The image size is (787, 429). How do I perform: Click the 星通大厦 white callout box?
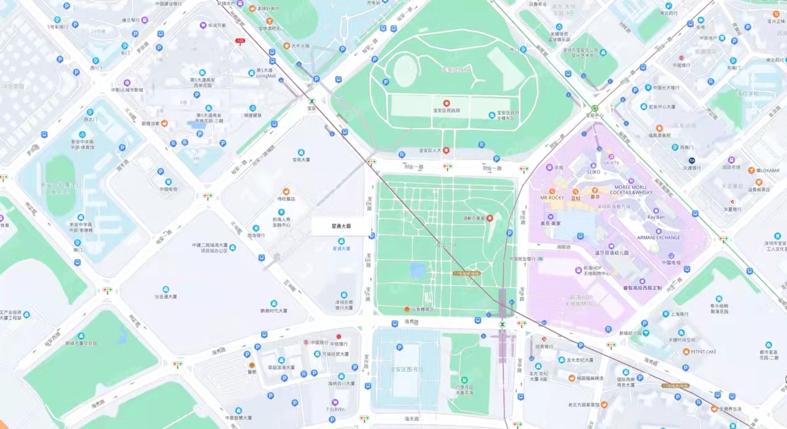(341, 226)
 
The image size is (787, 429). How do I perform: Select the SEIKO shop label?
(593, 172)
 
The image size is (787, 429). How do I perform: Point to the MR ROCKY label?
(552, 197)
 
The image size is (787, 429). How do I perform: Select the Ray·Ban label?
(656, 217)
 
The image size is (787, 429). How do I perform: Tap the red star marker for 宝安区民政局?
(446, 103)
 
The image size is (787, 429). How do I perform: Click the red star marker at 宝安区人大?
(447, 150)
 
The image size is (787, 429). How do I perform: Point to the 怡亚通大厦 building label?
(165, 296)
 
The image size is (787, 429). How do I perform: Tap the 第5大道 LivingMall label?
(266, 73)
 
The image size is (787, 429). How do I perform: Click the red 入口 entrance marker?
(240, 41)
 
